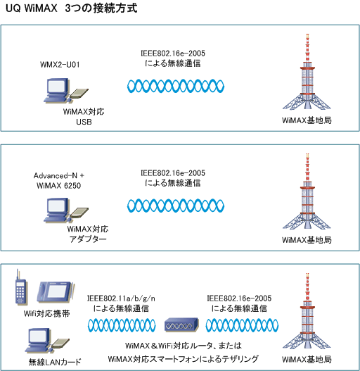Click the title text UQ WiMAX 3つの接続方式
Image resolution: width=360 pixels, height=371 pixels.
point(72,8)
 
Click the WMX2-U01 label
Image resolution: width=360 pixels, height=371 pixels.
point(60,65)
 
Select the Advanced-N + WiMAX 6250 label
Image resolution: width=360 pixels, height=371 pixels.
point(59,180)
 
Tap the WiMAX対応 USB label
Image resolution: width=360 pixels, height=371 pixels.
point(84,117)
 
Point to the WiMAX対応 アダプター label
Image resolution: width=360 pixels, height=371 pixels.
point(88,234)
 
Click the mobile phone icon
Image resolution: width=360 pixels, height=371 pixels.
point(20,287)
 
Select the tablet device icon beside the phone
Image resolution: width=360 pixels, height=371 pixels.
point(56,291)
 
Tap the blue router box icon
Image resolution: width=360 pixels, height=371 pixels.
point(181,325)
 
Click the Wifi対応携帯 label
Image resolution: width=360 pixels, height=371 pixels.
point(47,314)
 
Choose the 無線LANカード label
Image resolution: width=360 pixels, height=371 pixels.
point(55,362)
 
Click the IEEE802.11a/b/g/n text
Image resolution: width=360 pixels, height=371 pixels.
point(121,298)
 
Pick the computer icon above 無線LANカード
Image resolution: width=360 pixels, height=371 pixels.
point(47,340)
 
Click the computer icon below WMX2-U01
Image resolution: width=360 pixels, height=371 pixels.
point(66,91)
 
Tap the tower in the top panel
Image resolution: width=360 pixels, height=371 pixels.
point(307,72)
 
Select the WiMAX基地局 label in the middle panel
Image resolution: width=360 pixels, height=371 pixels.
point(307,240)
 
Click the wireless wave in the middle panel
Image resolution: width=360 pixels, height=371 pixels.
point(176,206)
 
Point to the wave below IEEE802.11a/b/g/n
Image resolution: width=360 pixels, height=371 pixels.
point(122,325)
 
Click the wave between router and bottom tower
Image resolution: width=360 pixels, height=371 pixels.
point(242,325)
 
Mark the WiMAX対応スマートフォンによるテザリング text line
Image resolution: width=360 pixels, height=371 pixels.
point(184,359)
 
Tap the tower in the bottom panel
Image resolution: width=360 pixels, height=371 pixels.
point(307,310)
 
